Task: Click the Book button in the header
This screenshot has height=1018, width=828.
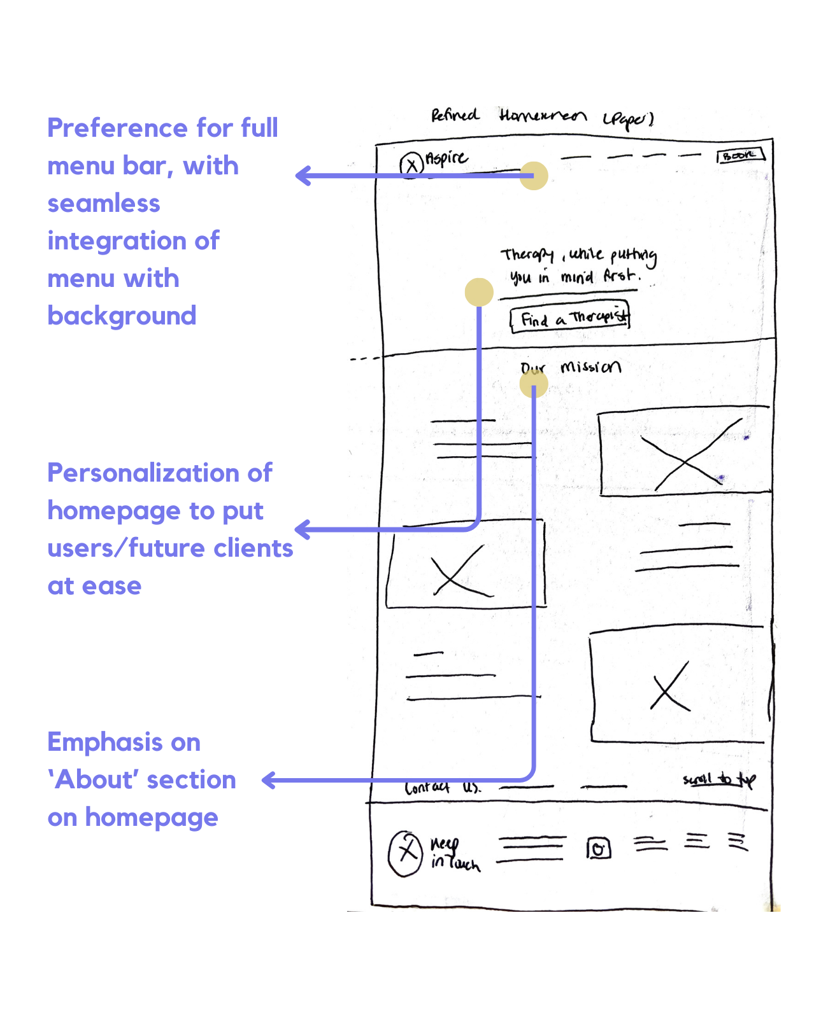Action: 741,155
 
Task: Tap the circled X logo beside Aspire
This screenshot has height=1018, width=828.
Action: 411,165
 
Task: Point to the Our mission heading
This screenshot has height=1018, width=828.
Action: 571,367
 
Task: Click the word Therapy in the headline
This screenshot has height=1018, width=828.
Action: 527,255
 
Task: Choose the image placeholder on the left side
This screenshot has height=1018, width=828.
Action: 466,564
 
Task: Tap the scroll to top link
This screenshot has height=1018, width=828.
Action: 719,779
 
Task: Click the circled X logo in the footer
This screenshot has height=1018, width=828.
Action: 406,853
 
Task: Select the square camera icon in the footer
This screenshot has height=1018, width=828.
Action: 598,848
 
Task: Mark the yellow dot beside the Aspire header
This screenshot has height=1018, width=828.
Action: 534,176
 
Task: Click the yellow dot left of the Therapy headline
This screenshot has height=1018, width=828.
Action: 479,292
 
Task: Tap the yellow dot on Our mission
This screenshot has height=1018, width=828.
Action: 534,384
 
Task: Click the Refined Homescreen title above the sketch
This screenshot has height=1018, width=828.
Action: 541,116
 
